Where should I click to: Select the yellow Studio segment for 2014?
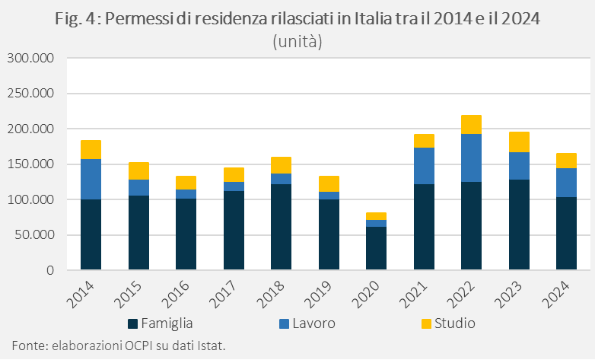click(x=91, y=149)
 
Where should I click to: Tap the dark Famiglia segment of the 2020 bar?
click(x=376, y=248)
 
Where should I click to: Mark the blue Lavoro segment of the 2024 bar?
click(x=566, y=183)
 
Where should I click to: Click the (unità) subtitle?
click(x=297, y=42)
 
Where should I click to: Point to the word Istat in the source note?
click(x=209, y=346)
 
